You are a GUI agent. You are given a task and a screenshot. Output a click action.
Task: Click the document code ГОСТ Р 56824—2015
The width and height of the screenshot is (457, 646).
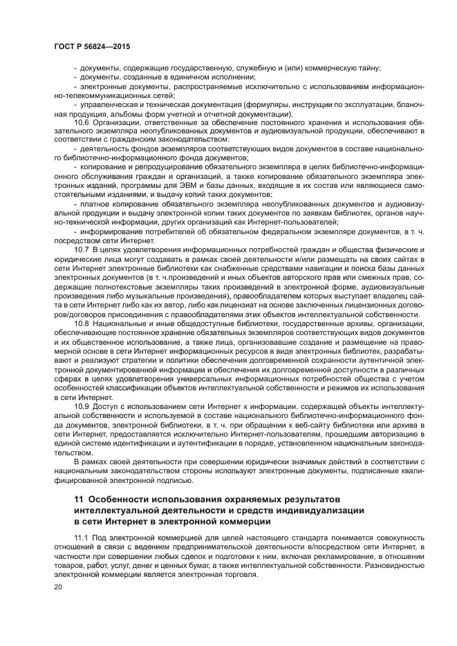coord(92,46)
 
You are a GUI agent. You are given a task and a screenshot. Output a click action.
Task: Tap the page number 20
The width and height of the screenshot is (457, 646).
coord(58,587)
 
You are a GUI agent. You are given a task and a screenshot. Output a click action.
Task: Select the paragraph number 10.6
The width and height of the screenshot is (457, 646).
coord(82,123)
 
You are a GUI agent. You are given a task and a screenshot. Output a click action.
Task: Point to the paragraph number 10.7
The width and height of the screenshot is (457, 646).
coord(82,249)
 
